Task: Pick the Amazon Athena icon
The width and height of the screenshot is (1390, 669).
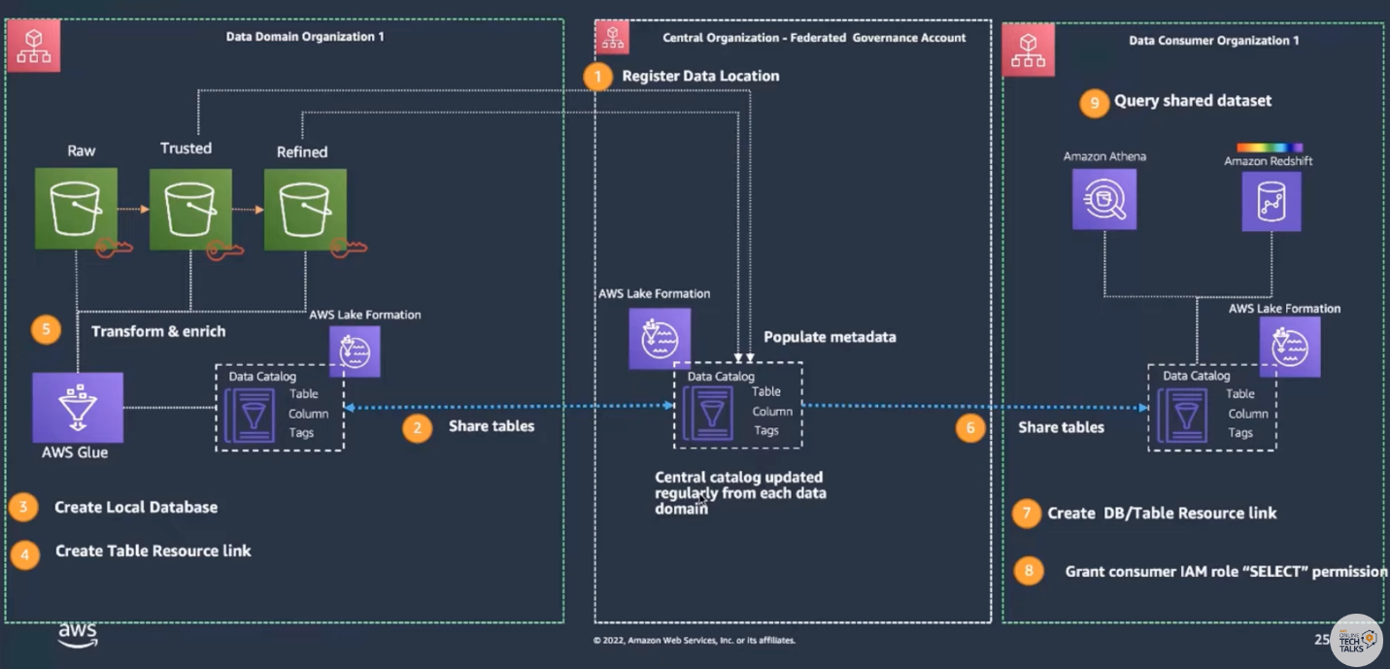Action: [1104, 199]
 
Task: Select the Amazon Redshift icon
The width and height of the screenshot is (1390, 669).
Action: [1271, 201]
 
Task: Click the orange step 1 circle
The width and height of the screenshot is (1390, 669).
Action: [598, 77]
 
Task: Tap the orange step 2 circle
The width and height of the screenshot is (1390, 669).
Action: [417, 427]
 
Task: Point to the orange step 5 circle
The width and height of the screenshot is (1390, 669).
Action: [46, 330]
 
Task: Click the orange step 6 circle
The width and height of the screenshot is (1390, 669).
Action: [969, 427]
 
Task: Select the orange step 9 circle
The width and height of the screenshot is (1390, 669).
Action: [1094, 102]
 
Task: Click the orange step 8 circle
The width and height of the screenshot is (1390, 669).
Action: [1030, 571]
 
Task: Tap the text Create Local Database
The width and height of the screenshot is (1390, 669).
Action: [136, 507]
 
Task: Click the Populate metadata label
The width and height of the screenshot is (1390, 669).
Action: [830, 338]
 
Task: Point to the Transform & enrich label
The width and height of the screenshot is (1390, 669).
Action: [158, 331]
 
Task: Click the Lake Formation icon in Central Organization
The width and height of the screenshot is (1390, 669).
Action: [660, 339]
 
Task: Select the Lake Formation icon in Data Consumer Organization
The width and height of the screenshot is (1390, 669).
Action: [1290, 347]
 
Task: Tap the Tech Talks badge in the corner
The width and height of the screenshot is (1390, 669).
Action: [1356, 639]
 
